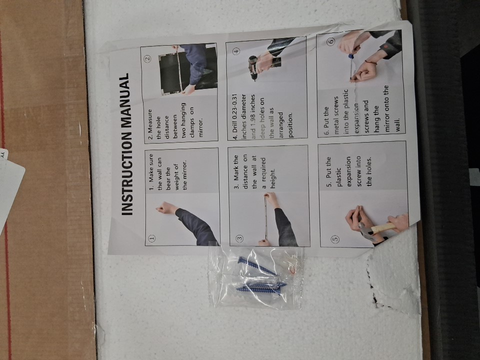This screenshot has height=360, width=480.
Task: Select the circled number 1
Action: (x=152, y=238)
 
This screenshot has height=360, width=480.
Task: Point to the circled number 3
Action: (x=239, y=238)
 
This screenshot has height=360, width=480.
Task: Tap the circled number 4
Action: (x=236, y=51)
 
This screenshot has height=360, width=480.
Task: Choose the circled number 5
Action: (x=335, y=239)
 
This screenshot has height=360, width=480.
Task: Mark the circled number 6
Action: (x=331, y=41)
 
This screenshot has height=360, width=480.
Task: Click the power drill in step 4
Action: (x=253, y=67)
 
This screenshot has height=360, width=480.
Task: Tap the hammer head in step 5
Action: (x=365, y=231)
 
